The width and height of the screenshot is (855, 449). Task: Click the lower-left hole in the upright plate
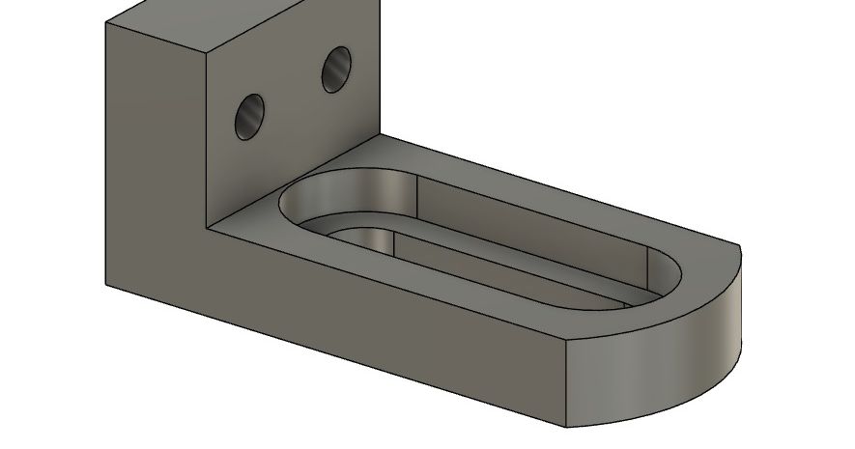click(250, 117)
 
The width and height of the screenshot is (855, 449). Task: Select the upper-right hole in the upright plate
click(337, 70)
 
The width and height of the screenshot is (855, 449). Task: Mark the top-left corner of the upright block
click(105, 23)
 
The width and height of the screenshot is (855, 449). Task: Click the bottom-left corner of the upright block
click(105, 284)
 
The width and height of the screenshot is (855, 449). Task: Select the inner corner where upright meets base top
click(209, 226)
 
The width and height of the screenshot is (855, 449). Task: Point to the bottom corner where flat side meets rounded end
click(565, 426)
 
